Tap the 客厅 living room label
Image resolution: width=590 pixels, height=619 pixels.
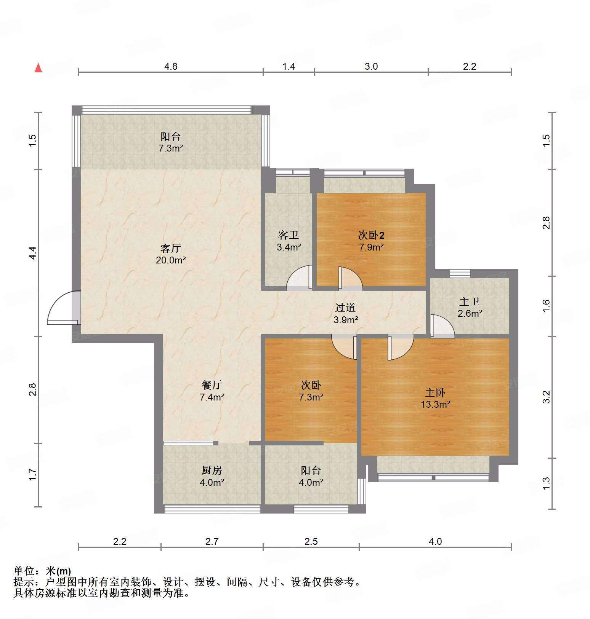coord(170,248)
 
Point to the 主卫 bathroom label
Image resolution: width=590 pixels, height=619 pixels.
coord(469,302)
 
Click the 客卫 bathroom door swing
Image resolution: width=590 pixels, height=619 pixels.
coord(299,279)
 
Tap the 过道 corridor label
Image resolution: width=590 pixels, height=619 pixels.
coord(345,308)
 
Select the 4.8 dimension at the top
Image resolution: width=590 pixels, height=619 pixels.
coord(171,66)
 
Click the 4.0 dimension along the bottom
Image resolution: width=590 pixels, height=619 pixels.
coord(435,541)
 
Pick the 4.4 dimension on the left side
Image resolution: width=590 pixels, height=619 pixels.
coord(33,253)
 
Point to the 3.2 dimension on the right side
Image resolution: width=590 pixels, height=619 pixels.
coord(546,397)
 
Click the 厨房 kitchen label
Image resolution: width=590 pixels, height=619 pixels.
coord(212,470)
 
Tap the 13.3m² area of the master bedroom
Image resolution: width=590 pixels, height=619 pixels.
coord(435,404)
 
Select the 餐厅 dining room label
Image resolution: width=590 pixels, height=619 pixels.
coord(212,385)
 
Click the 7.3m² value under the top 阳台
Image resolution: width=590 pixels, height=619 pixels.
coord(171,148)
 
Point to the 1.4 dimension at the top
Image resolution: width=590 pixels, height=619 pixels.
coord(289,66)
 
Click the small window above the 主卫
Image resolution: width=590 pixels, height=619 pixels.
coord(460,273)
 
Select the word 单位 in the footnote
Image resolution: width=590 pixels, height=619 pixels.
coord(24,571)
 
